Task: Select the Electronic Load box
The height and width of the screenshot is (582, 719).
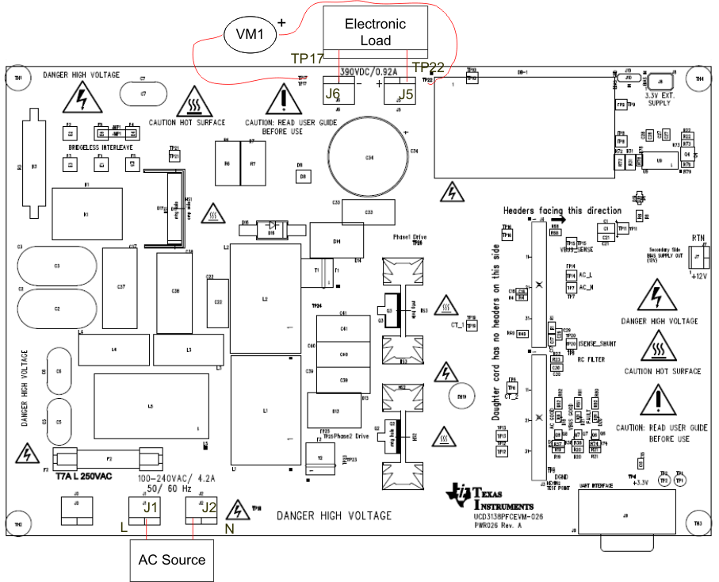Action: (375, 33)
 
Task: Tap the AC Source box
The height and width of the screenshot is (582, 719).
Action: (172, 559)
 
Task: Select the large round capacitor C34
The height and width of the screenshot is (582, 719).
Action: (369, 158)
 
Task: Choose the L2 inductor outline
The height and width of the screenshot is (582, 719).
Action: (265, 298)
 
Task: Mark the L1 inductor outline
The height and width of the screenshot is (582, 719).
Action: (265, 411)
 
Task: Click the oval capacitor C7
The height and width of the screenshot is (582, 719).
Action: (143, 94)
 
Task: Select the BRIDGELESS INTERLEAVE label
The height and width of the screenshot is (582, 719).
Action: (99, 147)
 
